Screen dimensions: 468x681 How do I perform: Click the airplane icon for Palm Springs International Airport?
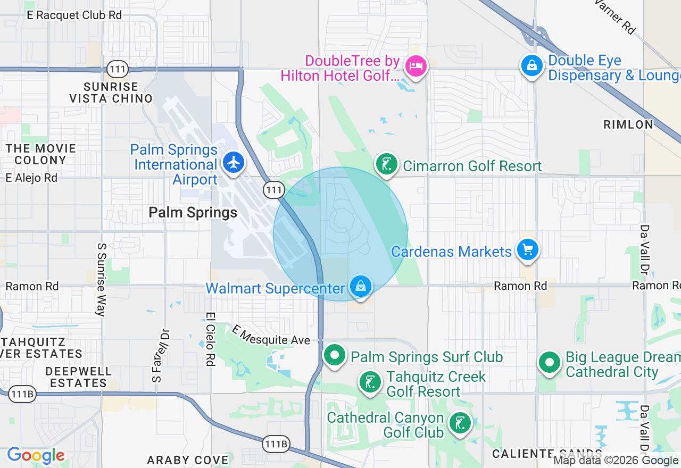point(234,161)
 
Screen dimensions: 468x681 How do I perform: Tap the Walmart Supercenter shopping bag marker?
point(361,286)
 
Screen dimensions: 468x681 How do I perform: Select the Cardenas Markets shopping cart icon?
point(527,249)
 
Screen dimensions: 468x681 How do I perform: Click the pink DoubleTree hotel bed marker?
point(415,66)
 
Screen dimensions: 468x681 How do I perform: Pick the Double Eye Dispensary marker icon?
point(531,65)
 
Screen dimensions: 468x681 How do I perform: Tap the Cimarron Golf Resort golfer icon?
point(387,164)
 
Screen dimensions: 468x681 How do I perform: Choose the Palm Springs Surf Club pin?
point(335,355)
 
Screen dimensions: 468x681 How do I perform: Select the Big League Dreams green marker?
point(550,362)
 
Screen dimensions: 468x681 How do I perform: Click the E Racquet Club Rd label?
point(74,15)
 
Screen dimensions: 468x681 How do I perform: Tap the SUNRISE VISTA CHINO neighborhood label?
point(111,93)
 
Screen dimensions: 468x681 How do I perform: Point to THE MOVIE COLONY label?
point(41,154)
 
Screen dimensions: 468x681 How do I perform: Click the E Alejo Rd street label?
point(31,178)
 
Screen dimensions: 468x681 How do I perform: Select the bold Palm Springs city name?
point(193,213)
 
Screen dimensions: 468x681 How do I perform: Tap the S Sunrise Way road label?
point(100,280)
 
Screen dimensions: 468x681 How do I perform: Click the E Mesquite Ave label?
point(271,336)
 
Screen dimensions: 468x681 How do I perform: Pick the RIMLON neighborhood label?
point(628,124)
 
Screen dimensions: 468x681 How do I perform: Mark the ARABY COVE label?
point(188,459)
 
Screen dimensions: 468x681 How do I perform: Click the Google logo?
point(36,456)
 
